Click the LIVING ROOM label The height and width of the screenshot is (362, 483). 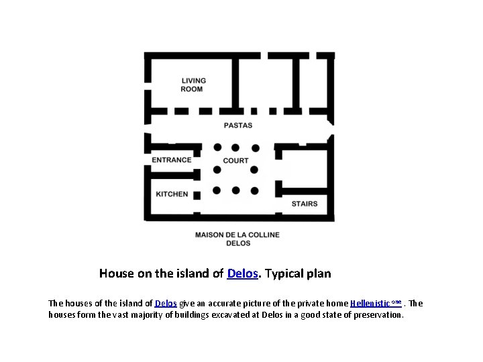click(x=193, y=85)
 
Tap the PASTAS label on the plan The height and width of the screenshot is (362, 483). click(x=238, y=125)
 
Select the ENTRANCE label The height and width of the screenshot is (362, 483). click(x=172, y=160)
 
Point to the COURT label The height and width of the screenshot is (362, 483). click(x=235, y=160)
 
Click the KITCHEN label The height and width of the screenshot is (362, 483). click(x=172, y=194)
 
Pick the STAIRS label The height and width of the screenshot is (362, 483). click(x=305, y=204)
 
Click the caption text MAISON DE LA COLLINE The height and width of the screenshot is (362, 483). click(x=237, y=235)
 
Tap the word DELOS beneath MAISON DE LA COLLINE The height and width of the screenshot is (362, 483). click(x=238, y=243)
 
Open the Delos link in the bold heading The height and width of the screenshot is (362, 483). click(x=242, y=274)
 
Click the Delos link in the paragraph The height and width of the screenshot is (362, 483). click(x=166, y=304)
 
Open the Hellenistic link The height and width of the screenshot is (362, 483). click(x=376, y=304)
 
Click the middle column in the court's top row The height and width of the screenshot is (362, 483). click(x=235, y=147)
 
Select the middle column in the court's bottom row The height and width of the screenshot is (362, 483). click(x=235, y=190)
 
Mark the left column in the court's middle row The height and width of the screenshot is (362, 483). click(x=217, y=170)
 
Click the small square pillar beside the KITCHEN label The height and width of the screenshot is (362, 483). click(x=197, y=195)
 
